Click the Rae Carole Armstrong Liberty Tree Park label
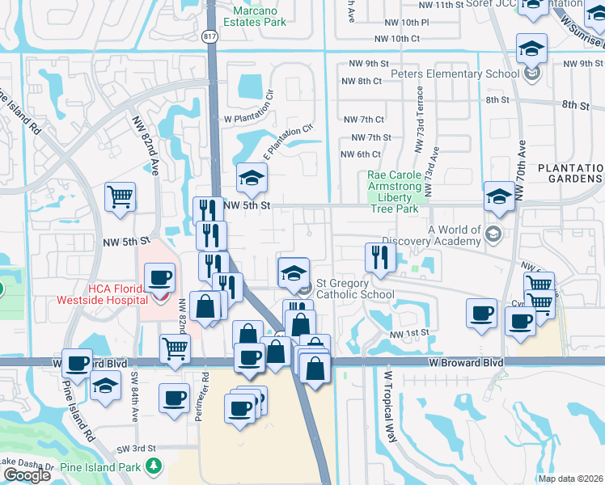point(394,192)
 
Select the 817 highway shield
point(209,37)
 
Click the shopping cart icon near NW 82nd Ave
point(120,196)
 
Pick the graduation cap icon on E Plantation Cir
point(252,179)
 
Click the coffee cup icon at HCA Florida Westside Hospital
point(159,279)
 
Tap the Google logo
point(27,475)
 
